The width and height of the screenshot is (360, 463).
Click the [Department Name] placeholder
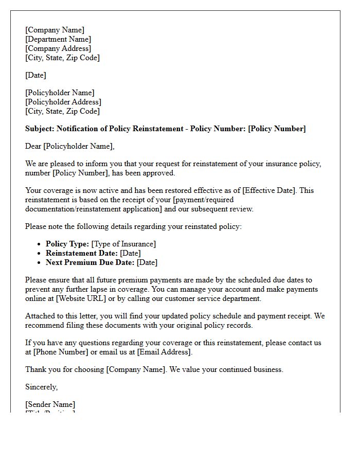pos(58,39)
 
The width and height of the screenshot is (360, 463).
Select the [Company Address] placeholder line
pos(58,48)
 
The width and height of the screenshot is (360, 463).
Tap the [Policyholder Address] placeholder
pos(63,102)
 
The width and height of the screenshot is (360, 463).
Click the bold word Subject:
pos(40,129)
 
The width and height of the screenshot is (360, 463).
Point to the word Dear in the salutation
pos(33,146)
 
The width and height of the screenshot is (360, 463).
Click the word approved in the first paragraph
pos(159,173)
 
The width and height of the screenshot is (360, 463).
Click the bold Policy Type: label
pos(67,244)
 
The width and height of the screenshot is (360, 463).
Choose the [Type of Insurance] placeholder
pos(123,244)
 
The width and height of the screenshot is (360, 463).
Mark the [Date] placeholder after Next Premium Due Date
pos(147,262)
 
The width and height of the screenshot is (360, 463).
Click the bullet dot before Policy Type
pos(40,244)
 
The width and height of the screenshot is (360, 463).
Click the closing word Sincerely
pos(42,387)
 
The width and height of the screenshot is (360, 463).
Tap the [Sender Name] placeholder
pos(50,404)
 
